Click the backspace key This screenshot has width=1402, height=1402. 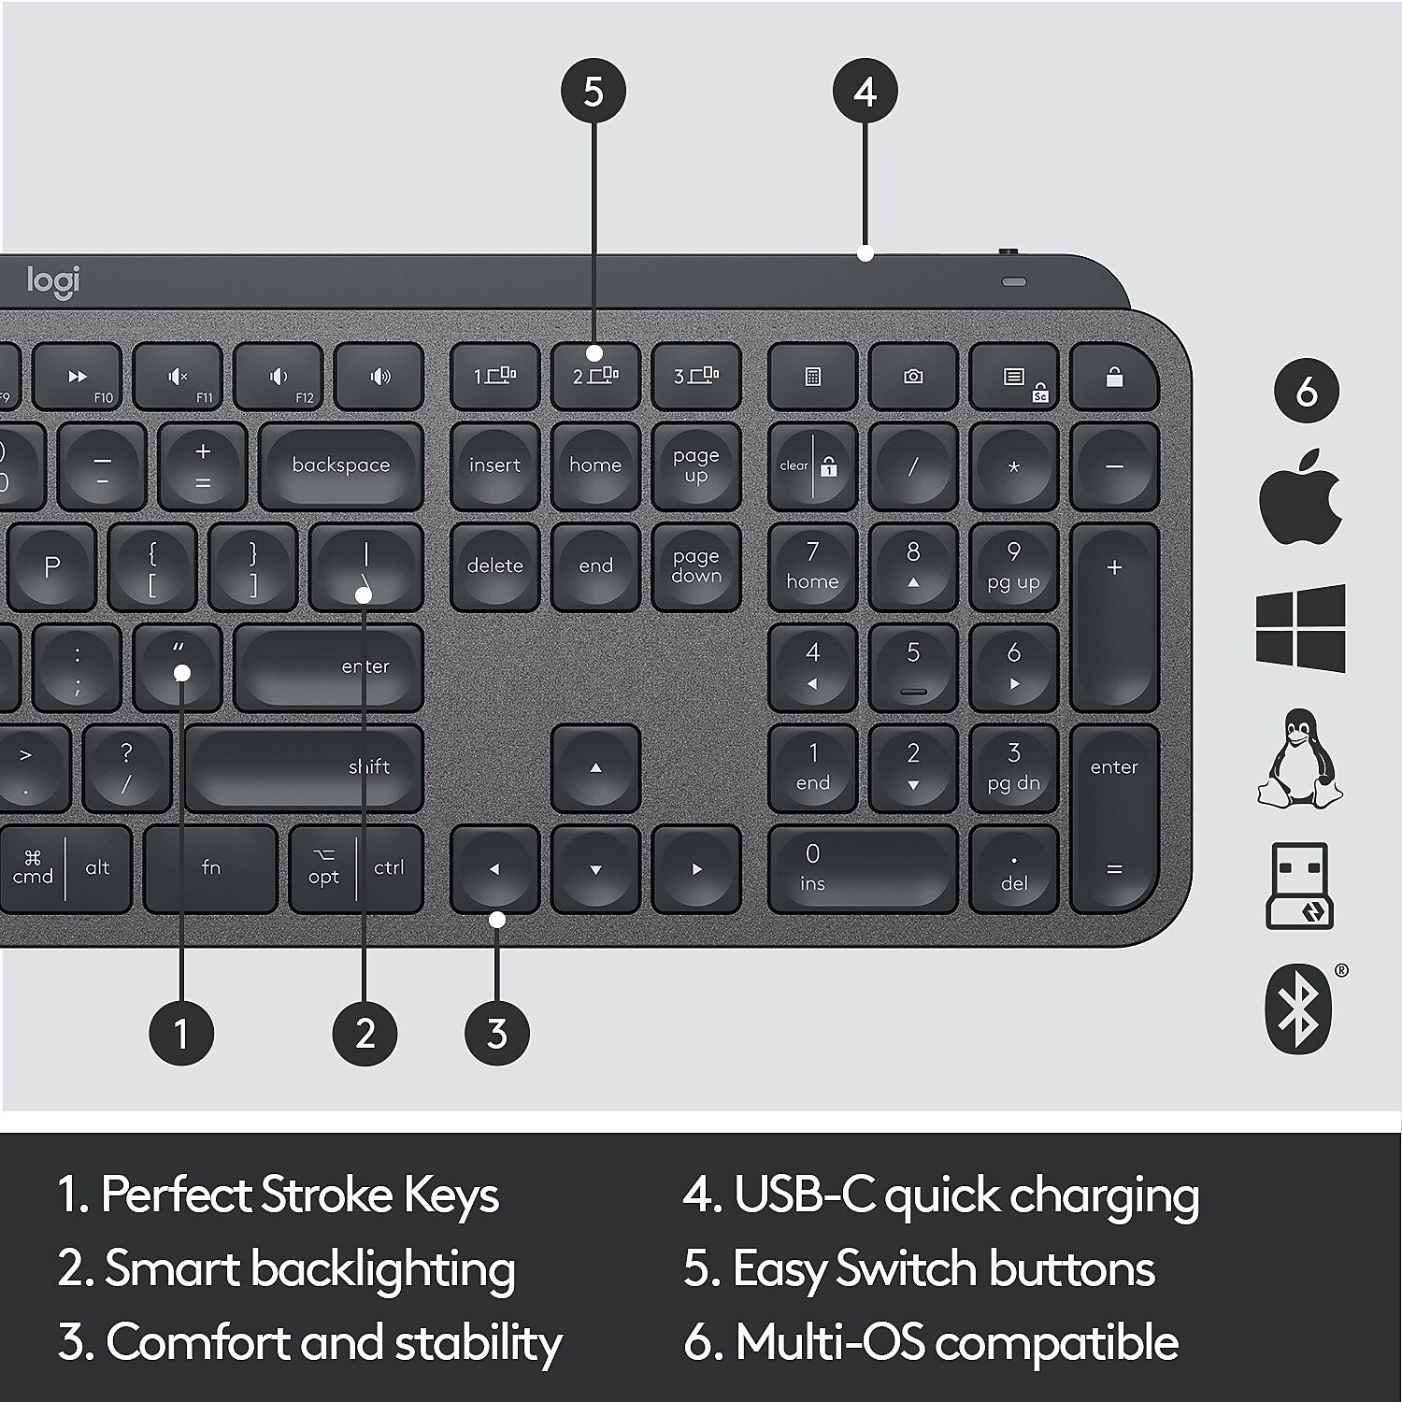(x=340, y=465)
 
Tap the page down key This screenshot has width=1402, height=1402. (x=696, y=566)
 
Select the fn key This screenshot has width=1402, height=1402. (x=211, y=868)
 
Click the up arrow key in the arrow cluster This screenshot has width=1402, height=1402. (x=595, y=768)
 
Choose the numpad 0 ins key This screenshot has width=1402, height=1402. (x=862, y=868)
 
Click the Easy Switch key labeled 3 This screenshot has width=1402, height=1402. (x=696, y=377)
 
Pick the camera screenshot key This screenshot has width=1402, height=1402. (x=913, y=377)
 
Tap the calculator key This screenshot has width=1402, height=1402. (x=812, y=377)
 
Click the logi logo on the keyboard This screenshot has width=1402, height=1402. (x=54, y=281)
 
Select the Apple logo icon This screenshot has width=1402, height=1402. (x=1300, y=495)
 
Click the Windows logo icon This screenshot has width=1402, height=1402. (x=1300, y=628)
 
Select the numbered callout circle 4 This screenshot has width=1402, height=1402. (x=866, y=92)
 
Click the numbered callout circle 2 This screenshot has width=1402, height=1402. (x=365, y=1034)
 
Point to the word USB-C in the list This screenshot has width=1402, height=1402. (x=804, y=1195)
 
